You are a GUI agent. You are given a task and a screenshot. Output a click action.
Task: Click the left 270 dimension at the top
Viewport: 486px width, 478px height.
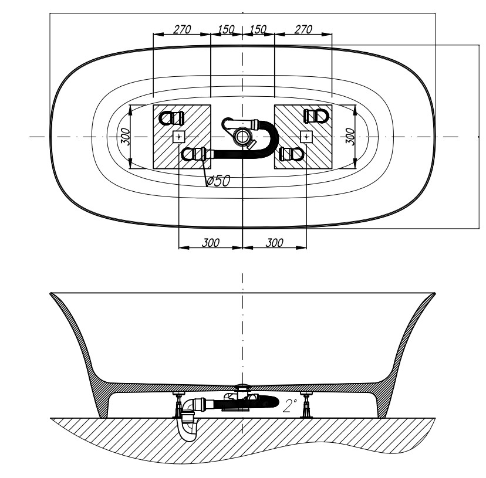pyautogui.click(x=182, y=29)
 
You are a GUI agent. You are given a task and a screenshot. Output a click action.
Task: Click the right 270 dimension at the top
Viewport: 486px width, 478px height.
pyautogui.click(x=303, y=29)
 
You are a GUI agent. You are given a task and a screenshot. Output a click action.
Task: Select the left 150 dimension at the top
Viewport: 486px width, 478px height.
pyautogui.click(x=226, y=29)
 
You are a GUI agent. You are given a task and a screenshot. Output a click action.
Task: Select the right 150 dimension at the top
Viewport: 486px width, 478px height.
pyautogui.click(x=258, y=29)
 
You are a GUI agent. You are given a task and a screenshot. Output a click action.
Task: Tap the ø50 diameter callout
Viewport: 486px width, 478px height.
pyautogui.click(x=218, y=181)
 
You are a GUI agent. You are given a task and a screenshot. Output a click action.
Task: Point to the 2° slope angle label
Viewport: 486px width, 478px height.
pyautogui.click(x=290, y=405)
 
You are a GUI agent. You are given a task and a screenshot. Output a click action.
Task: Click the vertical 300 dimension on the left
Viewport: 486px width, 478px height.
pyautogui.click(x=125, y=136)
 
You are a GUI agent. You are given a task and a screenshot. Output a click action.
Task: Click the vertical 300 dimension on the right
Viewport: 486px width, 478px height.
pyautogui.click(x=350, y=136)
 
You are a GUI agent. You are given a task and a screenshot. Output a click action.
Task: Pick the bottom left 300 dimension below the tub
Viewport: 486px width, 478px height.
pyautogui.click(x=211, y=243)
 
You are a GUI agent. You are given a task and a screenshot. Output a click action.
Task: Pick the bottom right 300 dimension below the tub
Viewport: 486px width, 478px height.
pyautogui.click(x=275, y=243)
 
